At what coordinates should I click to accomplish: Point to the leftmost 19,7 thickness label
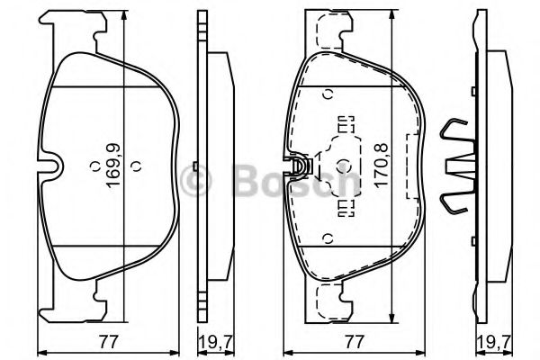(x=210, y=341)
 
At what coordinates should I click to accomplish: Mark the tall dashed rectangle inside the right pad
(x=415, y=165)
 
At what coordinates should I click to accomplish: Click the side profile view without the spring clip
(x=212, y=166)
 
